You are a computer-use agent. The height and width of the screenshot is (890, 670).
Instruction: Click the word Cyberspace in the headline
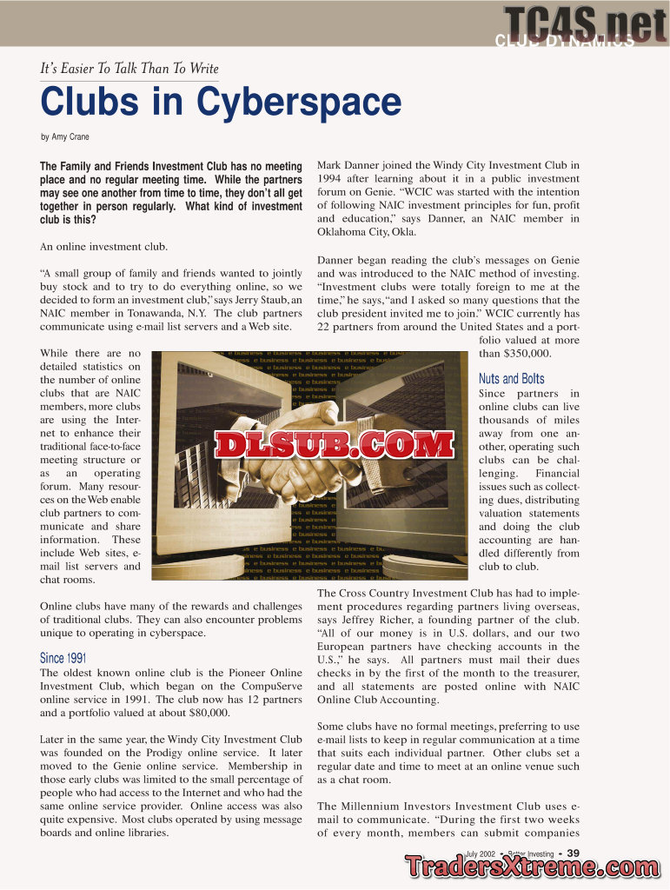pyautogui.click(x=299, y=103)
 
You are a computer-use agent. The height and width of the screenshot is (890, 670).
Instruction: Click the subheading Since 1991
pyautogui.click(x=63, y=658)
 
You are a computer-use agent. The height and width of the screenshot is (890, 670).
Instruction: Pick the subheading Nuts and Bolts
pyautogui.click(x=512, y=379)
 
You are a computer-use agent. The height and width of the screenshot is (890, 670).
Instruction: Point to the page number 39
pyautogui.click(x=574, y=853)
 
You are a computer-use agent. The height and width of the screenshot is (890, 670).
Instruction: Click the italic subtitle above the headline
pyautogui.click(x=129, y=69)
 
